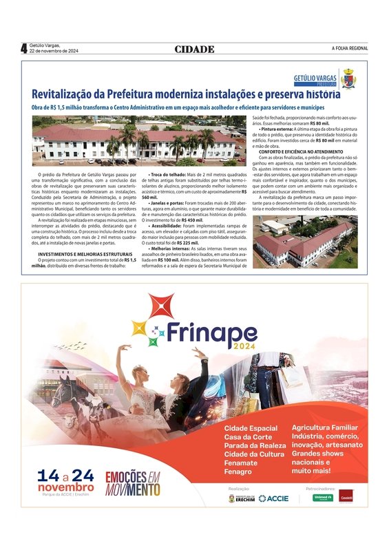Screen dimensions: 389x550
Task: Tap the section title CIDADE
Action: tap(194, 49)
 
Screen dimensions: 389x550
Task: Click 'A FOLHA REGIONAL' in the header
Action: tap(350, 48)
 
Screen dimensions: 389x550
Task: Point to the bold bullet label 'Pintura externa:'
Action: tap(281, 129)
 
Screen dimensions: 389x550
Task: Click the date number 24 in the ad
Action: tap(82, 476)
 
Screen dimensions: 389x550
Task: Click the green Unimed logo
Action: tap(323, 497)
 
